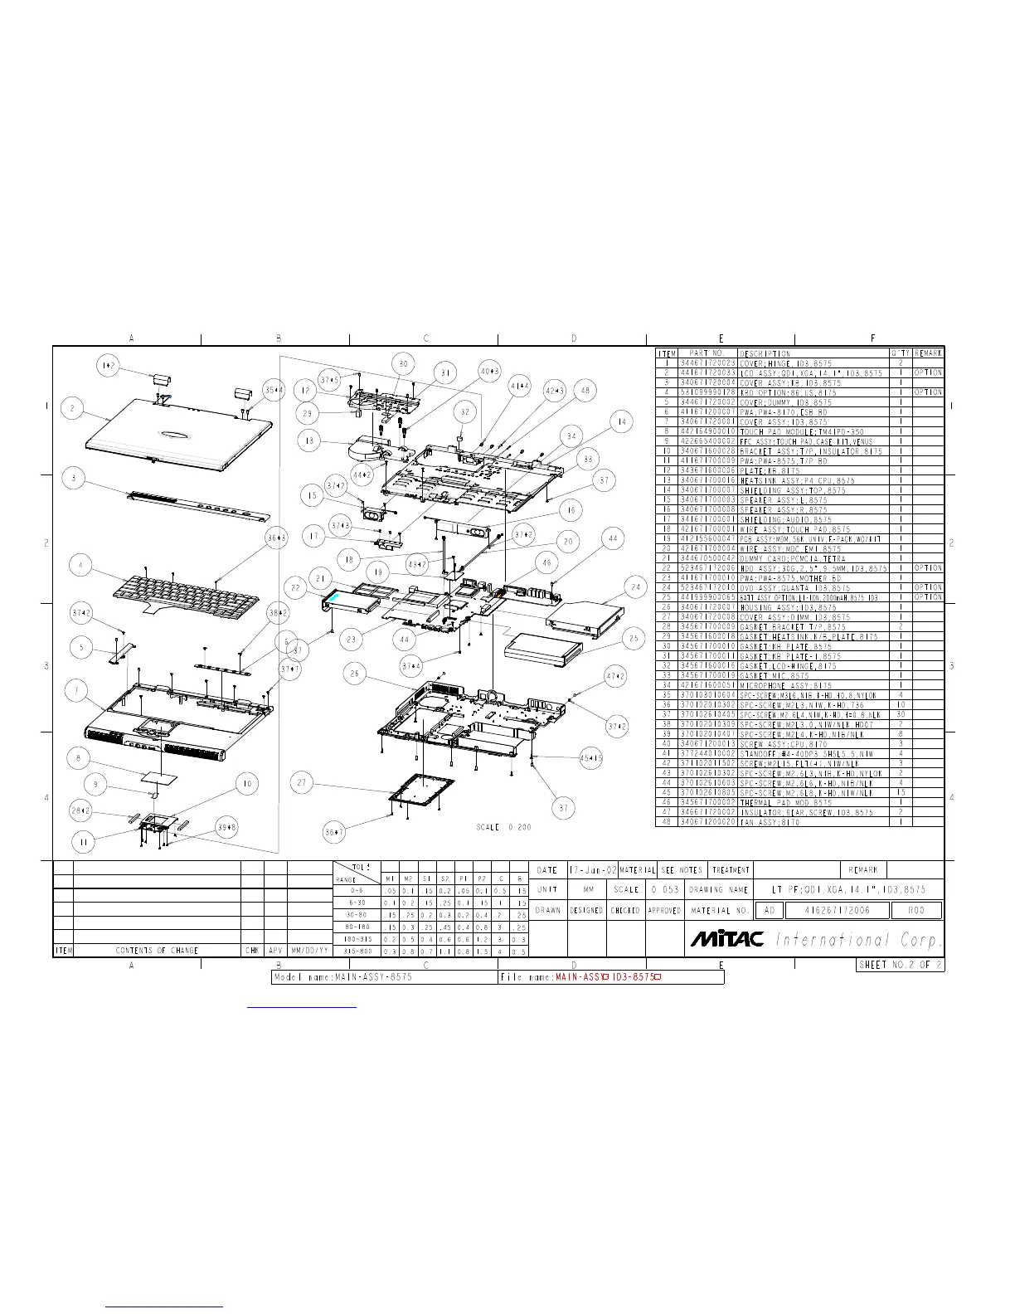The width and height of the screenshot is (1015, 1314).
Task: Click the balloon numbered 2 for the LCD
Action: tap(74, 408)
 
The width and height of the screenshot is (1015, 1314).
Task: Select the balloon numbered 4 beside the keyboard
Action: tap(80, 567)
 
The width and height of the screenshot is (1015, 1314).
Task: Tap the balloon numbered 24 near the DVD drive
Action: tap(635, 587)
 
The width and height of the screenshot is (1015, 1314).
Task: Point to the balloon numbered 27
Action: tap(303, 782)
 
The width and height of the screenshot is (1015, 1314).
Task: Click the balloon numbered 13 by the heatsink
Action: tap(310, 440)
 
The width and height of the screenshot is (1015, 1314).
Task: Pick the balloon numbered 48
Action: tap(585, 390)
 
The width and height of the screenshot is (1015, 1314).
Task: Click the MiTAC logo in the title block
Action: tap(727, 939)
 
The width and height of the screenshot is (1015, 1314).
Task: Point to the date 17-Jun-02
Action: tap(592, 870)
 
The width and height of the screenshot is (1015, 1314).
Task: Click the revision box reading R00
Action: tap(916, 910)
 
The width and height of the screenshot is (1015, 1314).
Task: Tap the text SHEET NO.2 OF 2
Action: tap(901, 965)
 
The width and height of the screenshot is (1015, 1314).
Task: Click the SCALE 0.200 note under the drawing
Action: tap(504, 827)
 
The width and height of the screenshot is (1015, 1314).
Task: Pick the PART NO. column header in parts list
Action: tap(707, 353)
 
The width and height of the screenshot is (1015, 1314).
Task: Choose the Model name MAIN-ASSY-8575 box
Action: tap(385, 977)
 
